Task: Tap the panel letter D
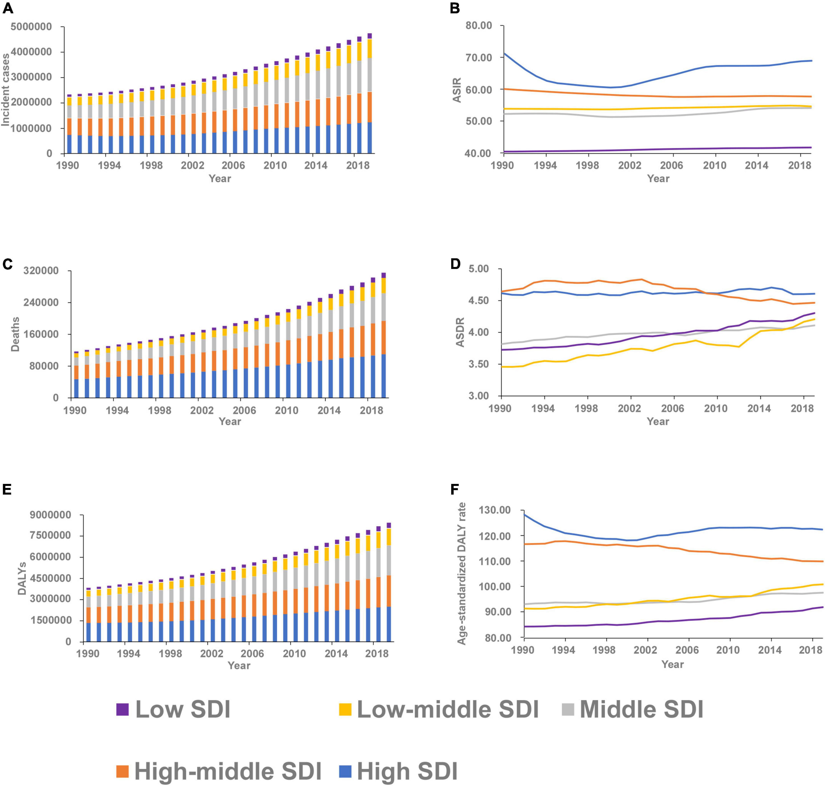click(455, 264)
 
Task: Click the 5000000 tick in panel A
click(31, 27)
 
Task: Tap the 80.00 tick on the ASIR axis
click(478, 26)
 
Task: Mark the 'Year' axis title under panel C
click(230, 421)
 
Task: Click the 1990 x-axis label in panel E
click(88, 654)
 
